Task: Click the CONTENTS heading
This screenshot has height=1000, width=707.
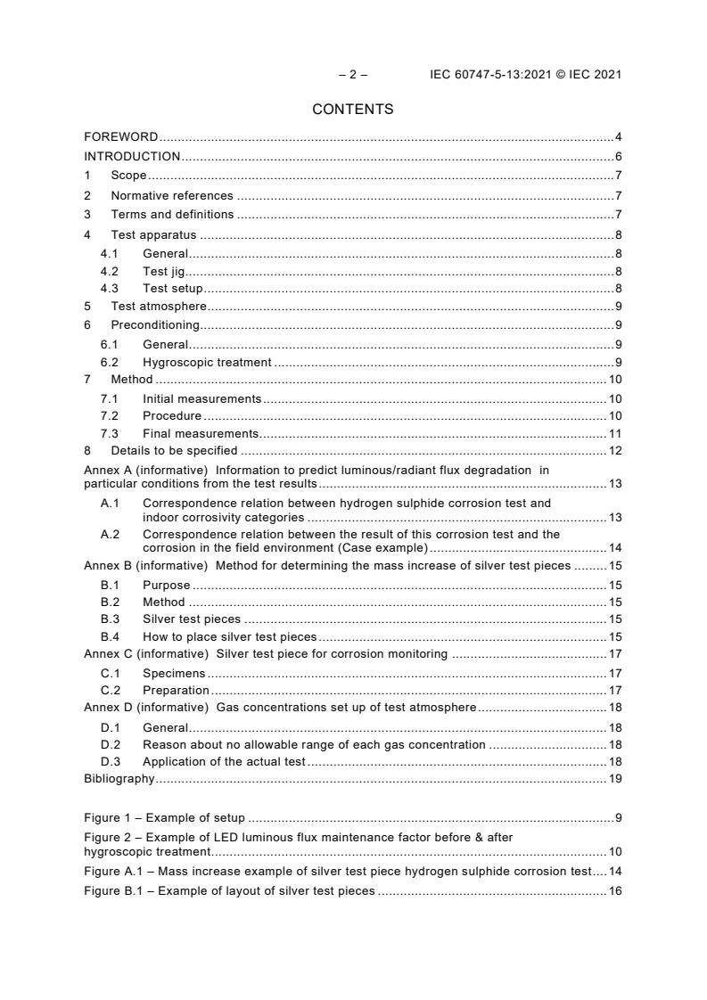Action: (x=352, y=110)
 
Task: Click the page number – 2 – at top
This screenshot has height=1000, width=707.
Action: (x=352, y=75)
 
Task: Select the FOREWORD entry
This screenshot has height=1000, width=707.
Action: (x=120, y=137)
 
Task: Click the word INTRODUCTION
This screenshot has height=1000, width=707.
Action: (x=132, y=157)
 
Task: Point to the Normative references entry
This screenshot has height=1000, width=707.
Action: (x=171, y=195)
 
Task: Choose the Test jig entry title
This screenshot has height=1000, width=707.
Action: (x=163, y=271)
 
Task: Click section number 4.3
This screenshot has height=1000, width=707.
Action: (x=110, y=288)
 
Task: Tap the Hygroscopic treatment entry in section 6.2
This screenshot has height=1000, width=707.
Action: (x=207, y=362)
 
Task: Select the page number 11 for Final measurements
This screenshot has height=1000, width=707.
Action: (x=614, y=433)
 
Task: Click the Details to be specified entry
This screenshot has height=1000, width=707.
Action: (x=174, y=450)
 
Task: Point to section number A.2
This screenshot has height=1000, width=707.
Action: (x=110, y=535)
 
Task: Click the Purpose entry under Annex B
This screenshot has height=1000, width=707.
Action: (x=166, y=586)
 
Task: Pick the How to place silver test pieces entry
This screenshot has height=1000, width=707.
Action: (x=230, y=636)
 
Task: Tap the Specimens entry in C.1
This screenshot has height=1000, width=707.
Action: (x=174, y=673)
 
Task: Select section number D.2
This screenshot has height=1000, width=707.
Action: (x=110, y=744)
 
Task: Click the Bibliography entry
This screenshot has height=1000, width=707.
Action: (x=119, y=778)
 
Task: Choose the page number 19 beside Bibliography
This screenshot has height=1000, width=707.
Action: (x=614, y=778)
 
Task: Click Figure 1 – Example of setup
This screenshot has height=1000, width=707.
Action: (x=164, y=817)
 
